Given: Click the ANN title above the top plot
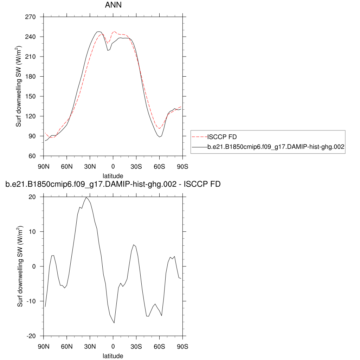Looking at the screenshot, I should click(113, 5).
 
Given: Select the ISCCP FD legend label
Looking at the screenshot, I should click(222, 137).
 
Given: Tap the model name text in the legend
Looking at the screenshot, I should click(275, 148).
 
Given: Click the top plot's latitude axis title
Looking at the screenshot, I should click(113, 175).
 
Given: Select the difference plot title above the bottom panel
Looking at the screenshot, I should click(113, 184).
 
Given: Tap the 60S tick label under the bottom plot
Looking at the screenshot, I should click(159, 346).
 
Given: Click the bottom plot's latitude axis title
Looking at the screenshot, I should click(113, 356).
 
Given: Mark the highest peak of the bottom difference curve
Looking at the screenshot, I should click(86, 197).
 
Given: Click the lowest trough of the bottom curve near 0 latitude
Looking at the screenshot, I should click(114, 322).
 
